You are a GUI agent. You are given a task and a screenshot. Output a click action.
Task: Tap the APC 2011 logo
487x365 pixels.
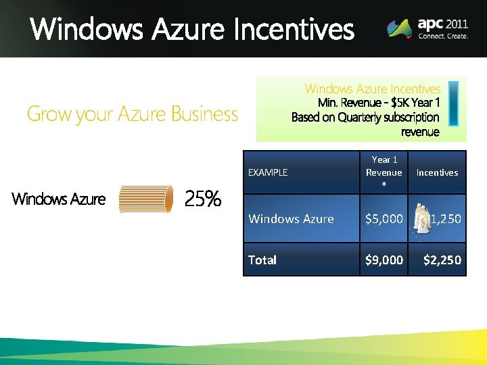(427, 28)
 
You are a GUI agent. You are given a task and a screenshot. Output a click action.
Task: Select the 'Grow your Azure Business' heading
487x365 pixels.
(132, 114)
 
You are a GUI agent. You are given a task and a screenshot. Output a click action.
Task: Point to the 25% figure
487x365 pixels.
(203, 199)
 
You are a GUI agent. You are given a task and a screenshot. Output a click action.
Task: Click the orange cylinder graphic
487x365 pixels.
(145, 199)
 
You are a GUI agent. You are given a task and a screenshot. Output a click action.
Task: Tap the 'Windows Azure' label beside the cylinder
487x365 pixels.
(59, 199)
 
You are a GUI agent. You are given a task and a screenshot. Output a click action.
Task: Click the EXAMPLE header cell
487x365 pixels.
(268, 172)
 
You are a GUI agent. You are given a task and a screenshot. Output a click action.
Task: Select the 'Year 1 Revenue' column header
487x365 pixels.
(384, 166)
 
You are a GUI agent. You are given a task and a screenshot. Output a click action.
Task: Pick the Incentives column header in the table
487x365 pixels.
(437, 172)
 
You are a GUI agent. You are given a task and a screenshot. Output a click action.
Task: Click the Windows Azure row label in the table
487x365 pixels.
(291, 218)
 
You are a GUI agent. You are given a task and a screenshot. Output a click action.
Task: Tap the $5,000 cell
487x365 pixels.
(384, 218)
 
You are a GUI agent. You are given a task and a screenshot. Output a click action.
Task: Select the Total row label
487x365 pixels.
(262, 260)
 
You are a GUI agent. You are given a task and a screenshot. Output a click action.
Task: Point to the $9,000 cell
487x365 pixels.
(384, 260)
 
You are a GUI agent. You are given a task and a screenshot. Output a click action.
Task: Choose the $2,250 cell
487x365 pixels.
(442, 260)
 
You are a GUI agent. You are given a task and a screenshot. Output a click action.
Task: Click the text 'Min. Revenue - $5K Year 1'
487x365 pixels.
(379, 103)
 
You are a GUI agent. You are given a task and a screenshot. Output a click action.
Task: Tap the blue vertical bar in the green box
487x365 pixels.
(453, 103)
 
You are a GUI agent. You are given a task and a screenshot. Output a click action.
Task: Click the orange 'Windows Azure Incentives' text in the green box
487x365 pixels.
(372, 89)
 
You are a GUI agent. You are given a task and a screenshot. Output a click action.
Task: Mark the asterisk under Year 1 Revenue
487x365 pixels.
(384, 185)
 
